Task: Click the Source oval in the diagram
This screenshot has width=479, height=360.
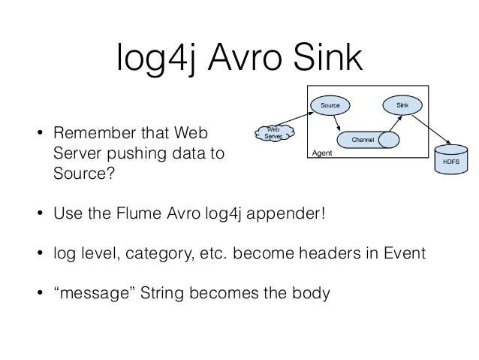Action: (x=330, y=105)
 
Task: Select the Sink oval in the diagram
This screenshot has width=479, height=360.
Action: (x=402, y=105)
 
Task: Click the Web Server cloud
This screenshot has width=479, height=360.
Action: (x=273, y=133)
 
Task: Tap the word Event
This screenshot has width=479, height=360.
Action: (x=404, y=254)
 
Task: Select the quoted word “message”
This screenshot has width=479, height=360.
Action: (x=86, y=291)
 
